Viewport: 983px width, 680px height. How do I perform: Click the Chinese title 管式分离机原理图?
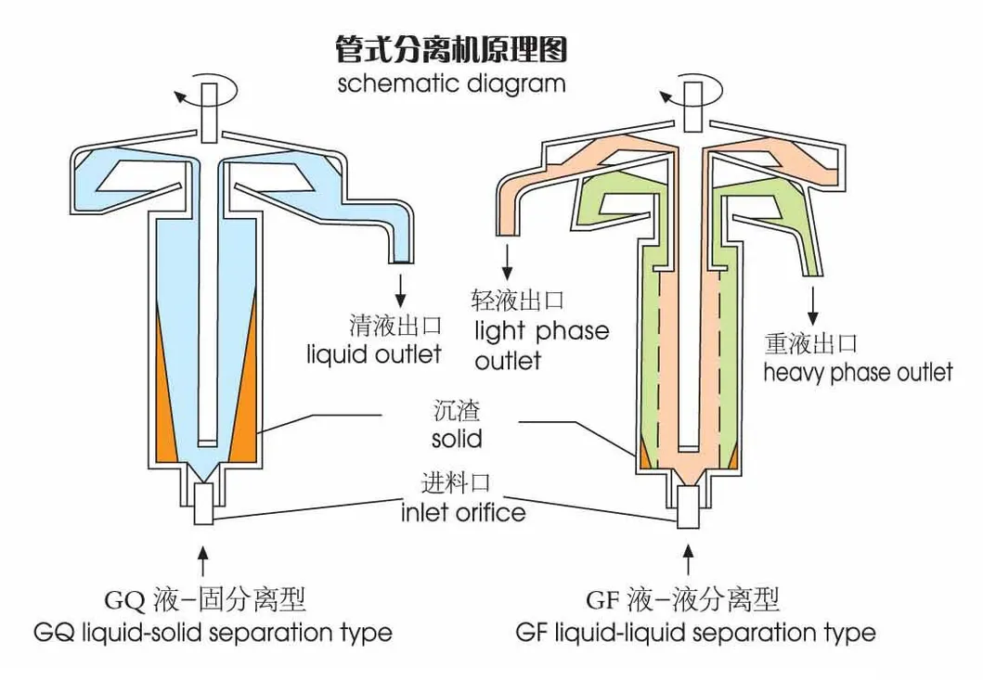click(x=451, y=48)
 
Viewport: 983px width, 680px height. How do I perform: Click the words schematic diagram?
click(x=451, y=83)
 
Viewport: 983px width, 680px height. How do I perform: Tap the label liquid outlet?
click(x=374, y=353)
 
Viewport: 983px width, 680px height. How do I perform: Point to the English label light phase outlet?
click(x=541, y=344)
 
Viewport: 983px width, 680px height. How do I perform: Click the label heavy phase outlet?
click(x=858, y=373)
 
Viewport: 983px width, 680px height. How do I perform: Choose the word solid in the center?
click(x=457, y=436)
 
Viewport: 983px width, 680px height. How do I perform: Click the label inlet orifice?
click(x=463, y=511)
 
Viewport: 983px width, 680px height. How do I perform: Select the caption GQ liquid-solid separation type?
click(x=213, y=634)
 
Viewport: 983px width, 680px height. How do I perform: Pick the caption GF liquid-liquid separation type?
click(x=695, y=634)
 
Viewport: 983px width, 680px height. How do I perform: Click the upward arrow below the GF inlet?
click(x=687, y=562)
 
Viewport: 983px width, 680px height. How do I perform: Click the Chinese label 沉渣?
click(x=456, y=409)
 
